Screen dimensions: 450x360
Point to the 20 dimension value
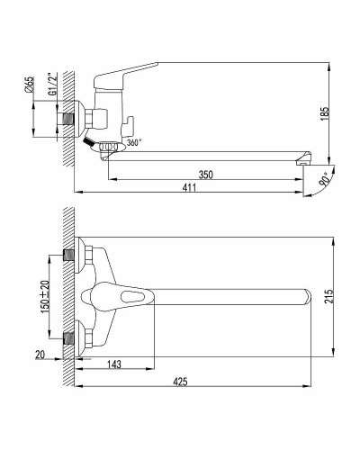[x=40, y=355]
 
